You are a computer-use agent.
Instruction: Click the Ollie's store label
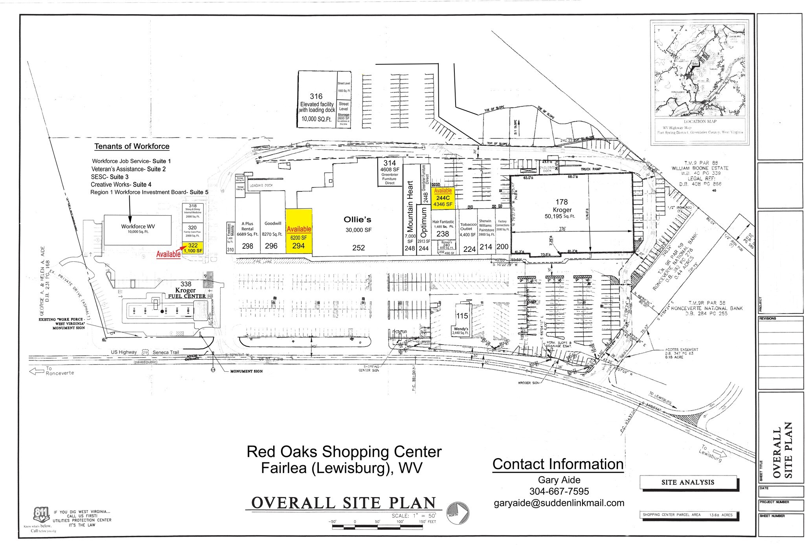click(x=357, y=220)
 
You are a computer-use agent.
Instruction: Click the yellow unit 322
click(x=193, y=248)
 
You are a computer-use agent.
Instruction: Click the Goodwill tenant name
click(x=272, y=224)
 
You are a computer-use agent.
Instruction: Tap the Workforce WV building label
click(x=138, y=227)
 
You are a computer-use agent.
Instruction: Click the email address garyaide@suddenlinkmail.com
click(x=559, y=503)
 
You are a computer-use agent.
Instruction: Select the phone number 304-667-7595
click(x=559, y=491)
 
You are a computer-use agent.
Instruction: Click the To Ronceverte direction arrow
click(x=36, y=371)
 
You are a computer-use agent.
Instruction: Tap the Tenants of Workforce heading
click(x=132, y=147)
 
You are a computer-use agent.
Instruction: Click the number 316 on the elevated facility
click(x=316, y=96)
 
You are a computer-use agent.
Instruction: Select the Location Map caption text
click(x=700, y=121)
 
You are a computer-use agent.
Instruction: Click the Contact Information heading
click(x=558, y=464)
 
